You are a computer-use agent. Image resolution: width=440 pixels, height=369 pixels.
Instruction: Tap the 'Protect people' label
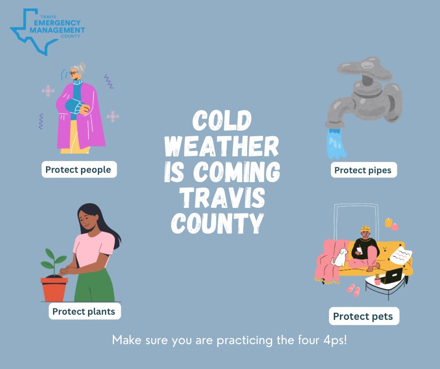coord(79,170)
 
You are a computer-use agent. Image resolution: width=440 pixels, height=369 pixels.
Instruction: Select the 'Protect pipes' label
coord(363,170)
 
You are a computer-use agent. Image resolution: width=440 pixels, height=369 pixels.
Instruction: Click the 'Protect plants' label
coord(84,311)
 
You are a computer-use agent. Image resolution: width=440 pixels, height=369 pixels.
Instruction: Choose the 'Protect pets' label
coord(364,317)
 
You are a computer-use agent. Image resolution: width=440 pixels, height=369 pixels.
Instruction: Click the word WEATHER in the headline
coord(221,148)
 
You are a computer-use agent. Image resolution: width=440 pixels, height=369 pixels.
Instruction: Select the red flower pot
coord(54,289)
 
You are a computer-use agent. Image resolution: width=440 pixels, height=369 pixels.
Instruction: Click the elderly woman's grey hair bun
coord(82,66)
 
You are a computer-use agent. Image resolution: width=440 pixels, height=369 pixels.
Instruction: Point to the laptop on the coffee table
coord(392,276)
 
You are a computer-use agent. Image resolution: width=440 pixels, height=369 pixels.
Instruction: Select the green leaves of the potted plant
coord(53,259)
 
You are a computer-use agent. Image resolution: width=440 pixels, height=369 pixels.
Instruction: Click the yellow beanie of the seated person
coord(366,229)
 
